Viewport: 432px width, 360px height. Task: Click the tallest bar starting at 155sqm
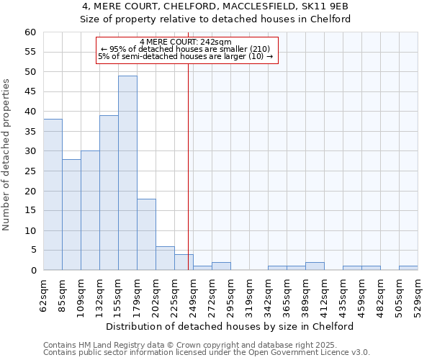pos(127,173)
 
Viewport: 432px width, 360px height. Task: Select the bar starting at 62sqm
pos(53,194)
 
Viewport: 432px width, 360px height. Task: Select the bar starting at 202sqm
pos(165,258)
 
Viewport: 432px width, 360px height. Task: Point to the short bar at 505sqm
pos(408,268)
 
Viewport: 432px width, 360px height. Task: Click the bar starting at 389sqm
pos(315,266)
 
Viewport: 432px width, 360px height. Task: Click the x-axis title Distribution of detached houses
pos(235,326)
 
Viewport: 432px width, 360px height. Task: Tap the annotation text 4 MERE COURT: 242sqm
pos(186,42)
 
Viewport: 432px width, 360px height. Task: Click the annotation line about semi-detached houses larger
pos(186,57)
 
